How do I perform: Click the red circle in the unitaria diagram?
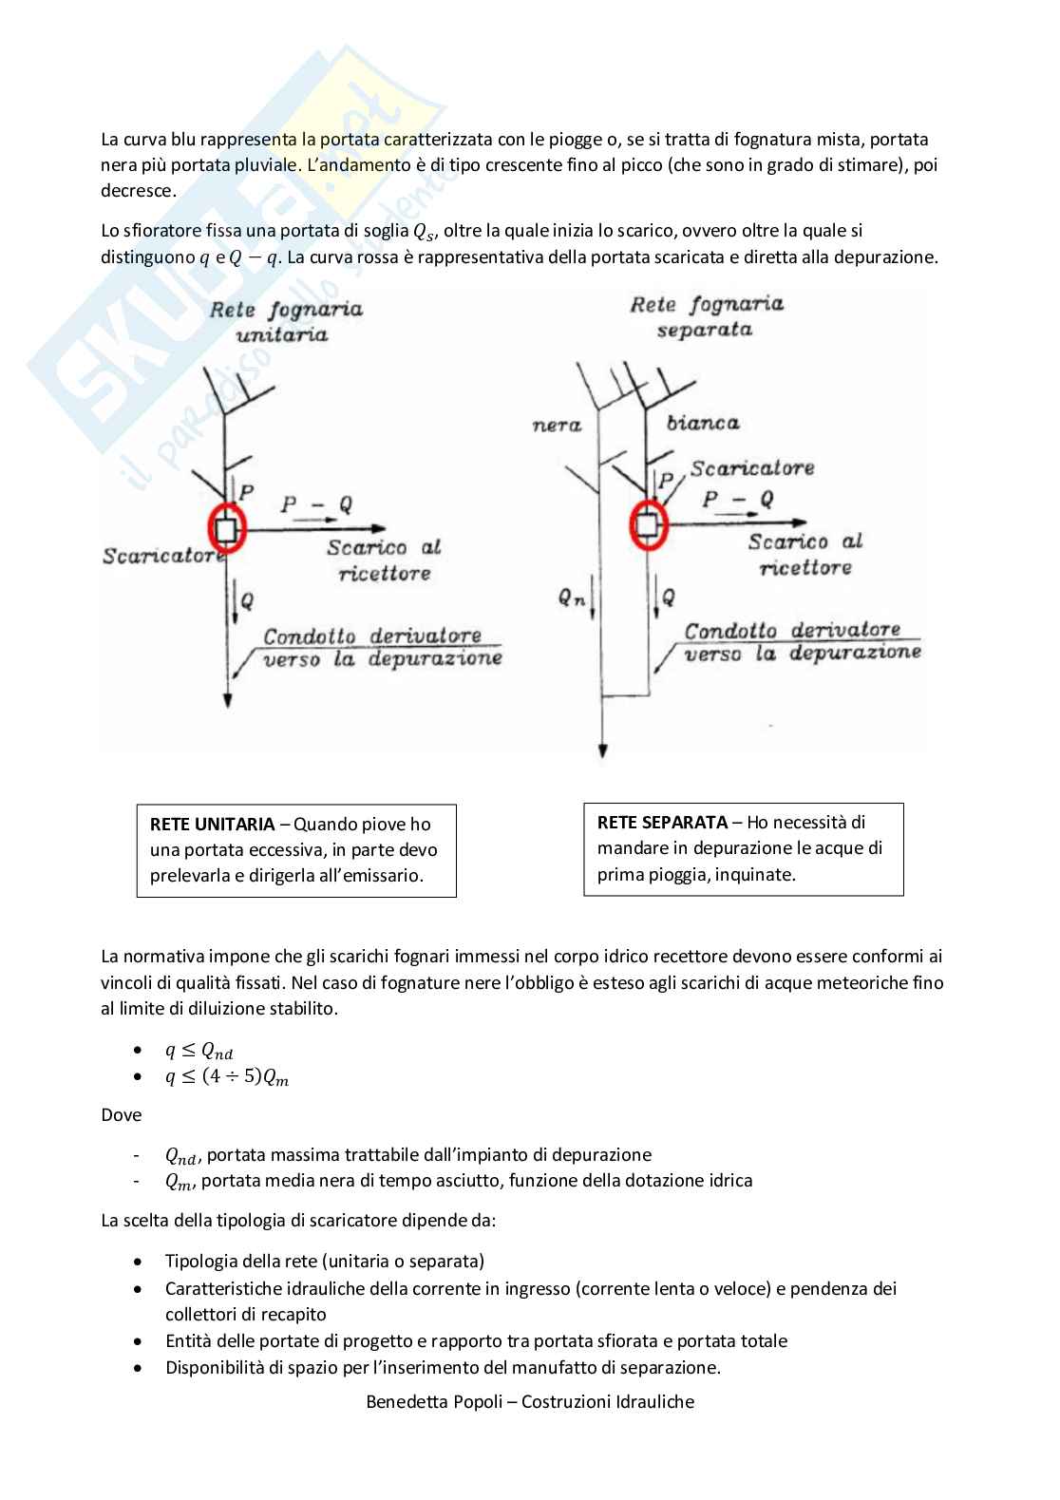click(x=226, y=527)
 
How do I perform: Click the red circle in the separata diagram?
click(x=647, y=522)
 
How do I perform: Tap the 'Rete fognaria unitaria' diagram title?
click(x=286, y=321)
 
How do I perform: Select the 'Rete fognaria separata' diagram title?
click(x=707, y=316)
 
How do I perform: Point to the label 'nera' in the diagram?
click(x=557, y=425)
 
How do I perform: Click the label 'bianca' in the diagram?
click(x=703, y=423)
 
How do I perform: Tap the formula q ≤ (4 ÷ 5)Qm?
click(x=227, y=1078)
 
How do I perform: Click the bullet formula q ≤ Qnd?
click(x=199, y=1051)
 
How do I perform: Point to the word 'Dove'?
click(x=121, y=1114)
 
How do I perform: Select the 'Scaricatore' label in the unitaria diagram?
click(x=159, y=556)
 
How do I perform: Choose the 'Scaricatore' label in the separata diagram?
click(x=751, y=467)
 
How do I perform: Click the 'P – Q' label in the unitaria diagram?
click(x=316, y=505)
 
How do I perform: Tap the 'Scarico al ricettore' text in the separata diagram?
click(x=805, y=554)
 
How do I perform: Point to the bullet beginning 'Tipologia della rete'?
click(x=324, y=1262)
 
